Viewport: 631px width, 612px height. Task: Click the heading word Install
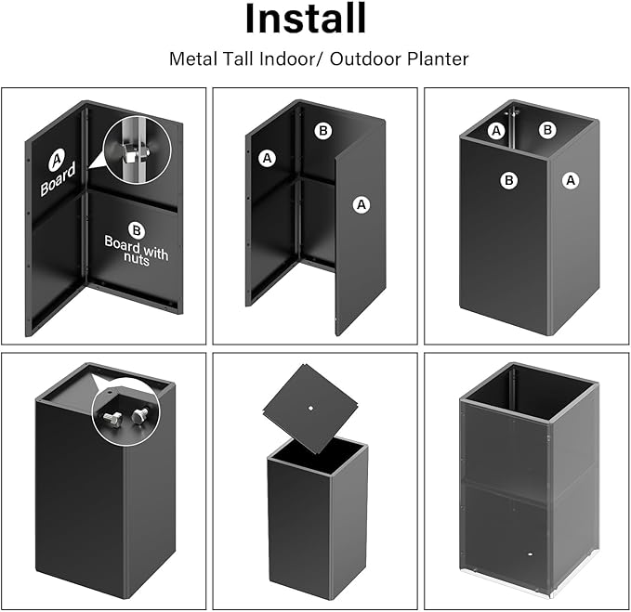(x=306, y=20)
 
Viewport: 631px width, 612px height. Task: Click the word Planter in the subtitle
(x=438, y=59)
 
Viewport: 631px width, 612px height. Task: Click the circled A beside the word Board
(x=55, y=161)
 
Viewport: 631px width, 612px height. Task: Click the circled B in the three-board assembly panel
(x=322, y=131)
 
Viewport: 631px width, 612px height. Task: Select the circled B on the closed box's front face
(x=508, y=180)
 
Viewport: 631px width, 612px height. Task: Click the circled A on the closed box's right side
(x=571, y=180)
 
